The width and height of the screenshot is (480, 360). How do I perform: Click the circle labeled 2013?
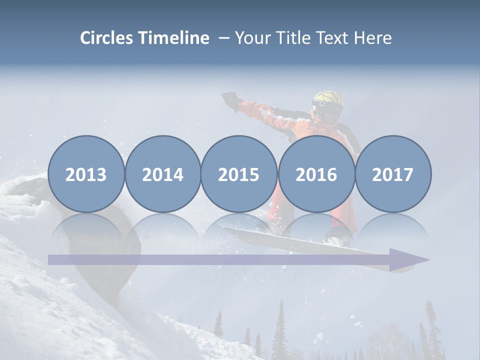point(86,174)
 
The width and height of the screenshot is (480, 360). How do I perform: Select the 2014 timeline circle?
point(162,174)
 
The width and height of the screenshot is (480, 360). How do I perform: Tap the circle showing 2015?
point(239,174)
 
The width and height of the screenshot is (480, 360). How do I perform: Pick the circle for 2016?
point(316,174)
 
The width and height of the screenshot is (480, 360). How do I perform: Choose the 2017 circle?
point(392,174)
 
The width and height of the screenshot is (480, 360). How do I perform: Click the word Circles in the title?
point(106,38)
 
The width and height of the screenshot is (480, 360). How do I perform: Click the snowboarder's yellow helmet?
point(328,99)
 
